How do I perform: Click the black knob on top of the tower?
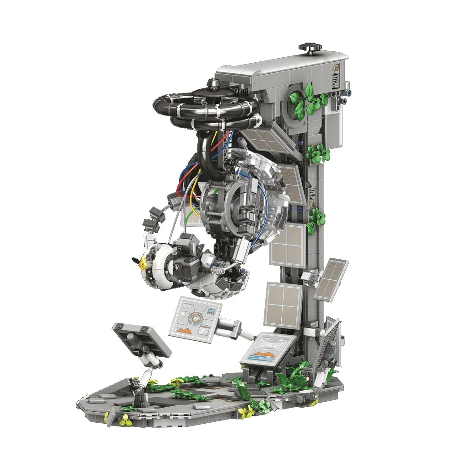[x=310, y=48]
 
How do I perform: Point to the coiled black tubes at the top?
[x=206, y=108]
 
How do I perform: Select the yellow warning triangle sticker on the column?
[x=313, y=205]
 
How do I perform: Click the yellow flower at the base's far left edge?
[x=107, y=417]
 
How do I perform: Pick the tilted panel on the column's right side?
[x=331, y=279]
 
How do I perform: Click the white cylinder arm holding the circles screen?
[x=231, y=327]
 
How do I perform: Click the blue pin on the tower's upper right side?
[x=349, y=91]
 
